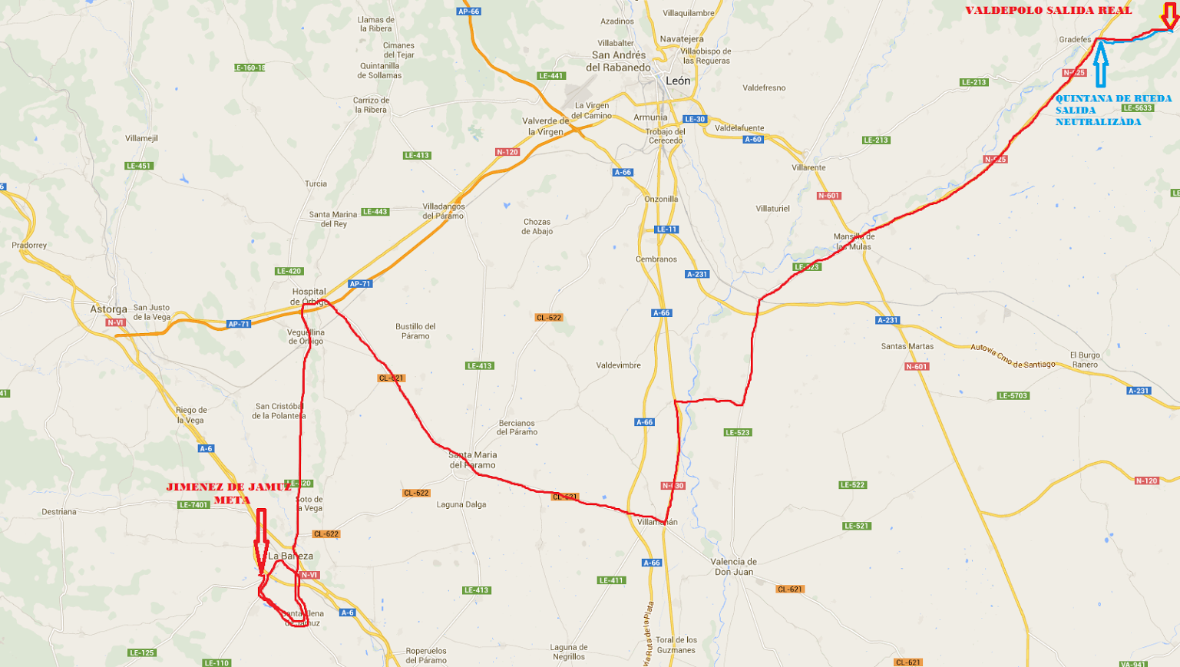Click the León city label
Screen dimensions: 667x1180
[x=678, y=81]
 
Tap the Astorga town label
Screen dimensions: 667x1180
[x=108, y=309]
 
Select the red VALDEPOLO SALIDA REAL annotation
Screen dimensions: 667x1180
[x=1048, y=11]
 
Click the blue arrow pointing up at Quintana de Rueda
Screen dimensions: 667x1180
[x=1100, y=65]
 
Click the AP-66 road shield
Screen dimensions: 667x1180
[x=468, y=12]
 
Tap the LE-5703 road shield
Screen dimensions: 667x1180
[x=1013, y=396]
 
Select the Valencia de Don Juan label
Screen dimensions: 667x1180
[x=735, y=566]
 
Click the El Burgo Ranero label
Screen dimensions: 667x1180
[x=1085, y=360]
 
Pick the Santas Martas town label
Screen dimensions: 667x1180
[x=907, y=346]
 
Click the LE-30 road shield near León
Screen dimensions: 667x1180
[x=695, y=120]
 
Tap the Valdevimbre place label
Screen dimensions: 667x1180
[x=618, y=365]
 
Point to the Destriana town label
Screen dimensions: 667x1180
[x=59, y=512]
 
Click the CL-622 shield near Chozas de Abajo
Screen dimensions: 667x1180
[x=549, y=318]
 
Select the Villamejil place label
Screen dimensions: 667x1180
[x=141, y=139]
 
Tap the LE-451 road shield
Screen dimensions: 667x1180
[x=139, y=166]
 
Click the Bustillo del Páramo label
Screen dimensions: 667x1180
[x=415, y=331]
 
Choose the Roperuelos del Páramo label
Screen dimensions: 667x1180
[x=426, y=655]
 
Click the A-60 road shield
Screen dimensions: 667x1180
[x=753, y=140]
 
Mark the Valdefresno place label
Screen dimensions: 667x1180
[x=764, y=88]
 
